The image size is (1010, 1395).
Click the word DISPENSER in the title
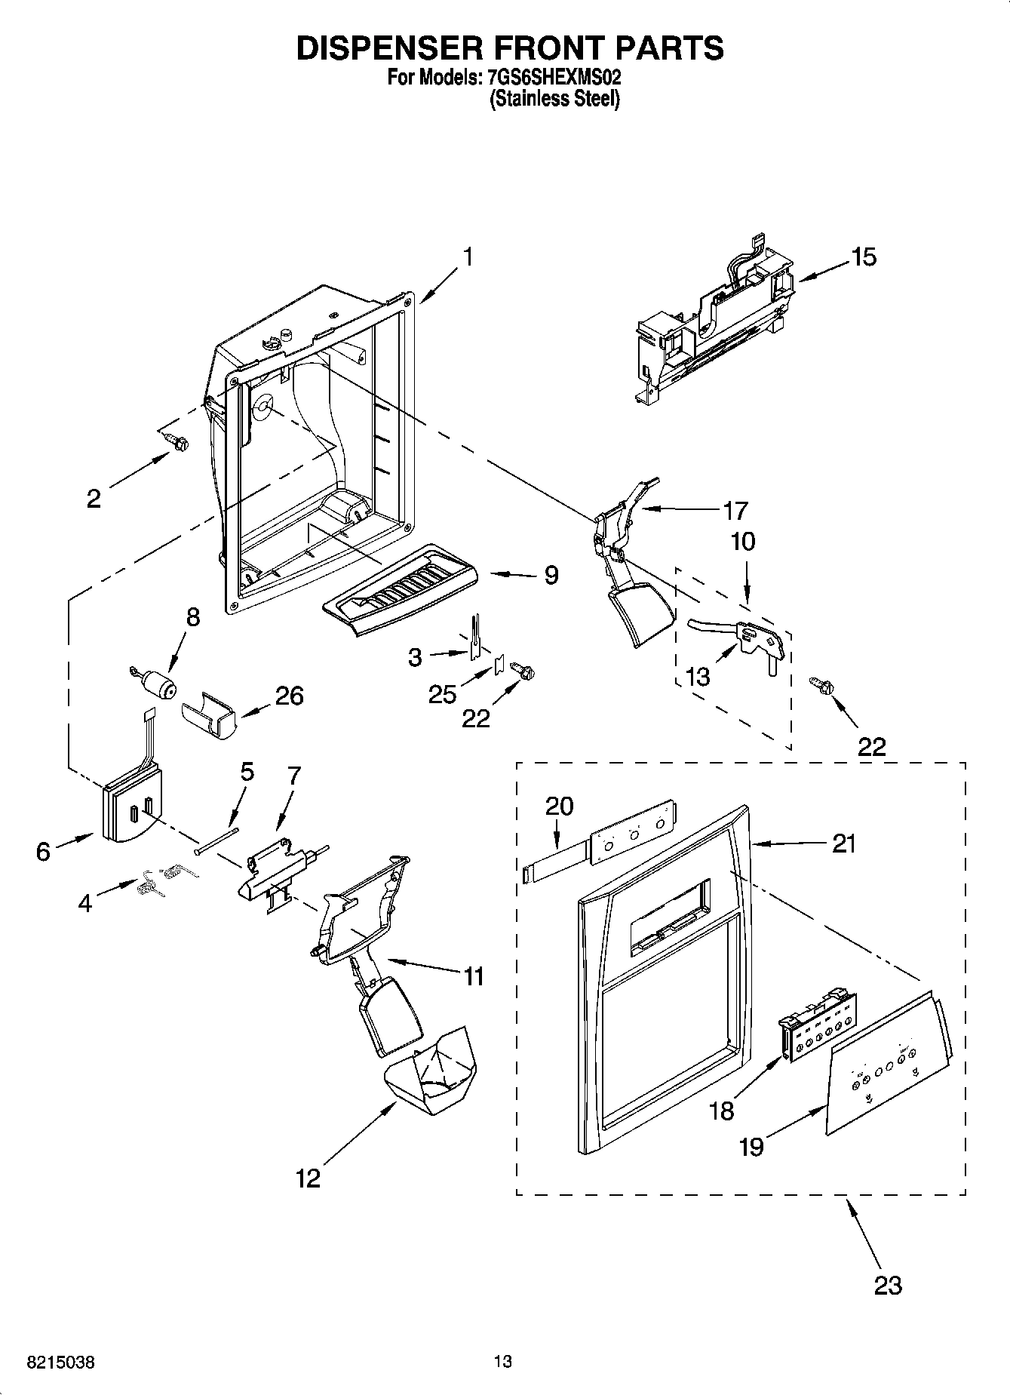(385, 48)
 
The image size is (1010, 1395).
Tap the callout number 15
(864, 257)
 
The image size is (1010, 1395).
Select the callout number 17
(735, 511)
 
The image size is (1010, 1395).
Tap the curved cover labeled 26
(210, 714)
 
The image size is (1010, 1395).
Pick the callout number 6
(43, 851)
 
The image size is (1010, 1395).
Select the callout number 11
(473, 976)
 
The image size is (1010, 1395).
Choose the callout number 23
(888, 1285)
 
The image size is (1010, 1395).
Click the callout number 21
(843, 843)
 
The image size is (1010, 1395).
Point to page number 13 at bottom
(503, 1362)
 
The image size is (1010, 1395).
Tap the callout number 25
(442, 694)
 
